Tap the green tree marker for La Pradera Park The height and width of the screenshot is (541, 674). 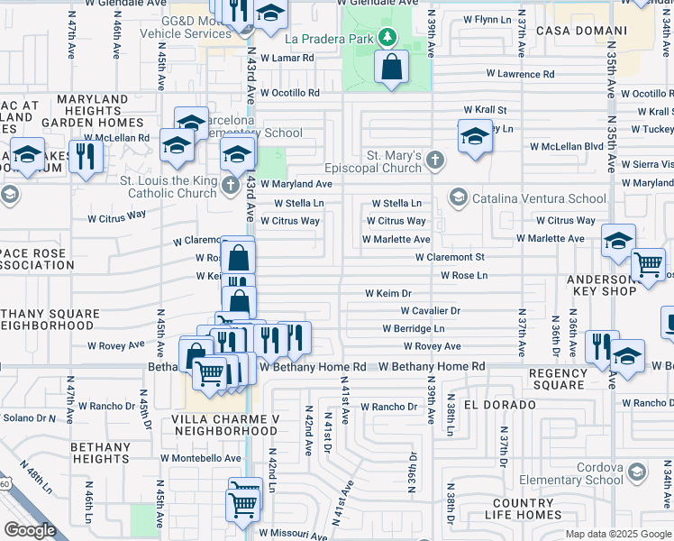coord(387,38)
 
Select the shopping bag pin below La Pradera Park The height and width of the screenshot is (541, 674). coord(392,67)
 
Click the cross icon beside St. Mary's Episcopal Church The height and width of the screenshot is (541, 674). coord(435,160)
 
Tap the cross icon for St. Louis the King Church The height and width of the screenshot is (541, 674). coord(230,186)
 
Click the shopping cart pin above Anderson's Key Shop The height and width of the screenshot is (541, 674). coord(648,265)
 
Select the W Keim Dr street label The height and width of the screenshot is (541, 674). coord(387,293)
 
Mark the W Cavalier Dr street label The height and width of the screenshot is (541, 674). coord(430,311)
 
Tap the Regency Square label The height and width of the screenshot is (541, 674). coord(558,380)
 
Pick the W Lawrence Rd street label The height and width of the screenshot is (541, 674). coord(520,74)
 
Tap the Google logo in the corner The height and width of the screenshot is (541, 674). coord(30,530)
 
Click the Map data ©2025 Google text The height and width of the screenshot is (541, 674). coord(617,534)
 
